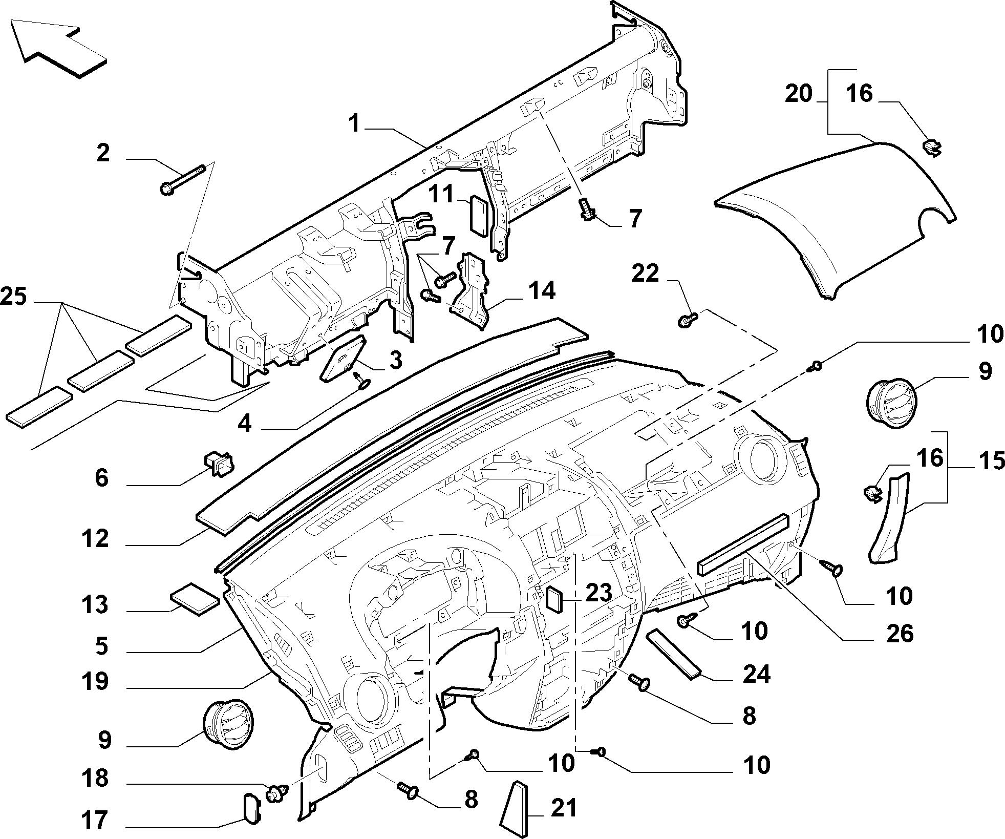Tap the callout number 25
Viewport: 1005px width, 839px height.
14,297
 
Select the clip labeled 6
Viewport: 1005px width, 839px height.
219,464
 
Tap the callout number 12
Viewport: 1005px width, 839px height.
95,539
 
